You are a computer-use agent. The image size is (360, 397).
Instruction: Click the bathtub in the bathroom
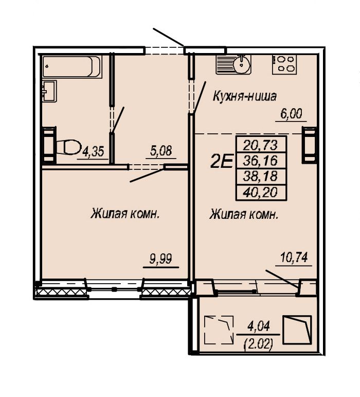(x=72, y=66)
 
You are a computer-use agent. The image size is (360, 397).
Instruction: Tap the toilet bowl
(x=68, y=147)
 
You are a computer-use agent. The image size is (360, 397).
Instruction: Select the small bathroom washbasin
(x=49, y=91)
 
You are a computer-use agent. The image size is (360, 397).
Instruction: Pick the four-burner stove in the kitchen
(x=284, y=64)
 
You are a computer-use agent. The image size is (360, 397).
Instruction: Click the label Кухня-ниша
(x=245, y=96)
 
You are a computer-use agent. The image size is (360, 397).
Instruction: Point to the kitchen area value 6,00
(x=291, y=114)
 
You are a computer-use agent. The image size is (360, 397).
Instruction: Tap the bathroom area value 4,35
(x=93, y=152)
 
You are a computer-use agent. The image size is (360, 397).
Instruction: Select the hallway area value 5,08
(x=161, y=151)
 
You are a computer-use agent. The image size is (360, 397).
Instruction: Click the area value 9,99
(x=161, y=259)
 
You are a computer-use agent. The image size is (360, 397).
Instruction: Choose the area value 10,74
(x=294, y=258)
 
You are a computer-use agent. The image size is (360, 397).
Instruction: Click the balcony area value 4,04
(x=259, y=326)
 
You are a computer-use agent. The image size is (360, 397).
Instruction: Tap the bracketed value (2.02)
(x=258, y=344)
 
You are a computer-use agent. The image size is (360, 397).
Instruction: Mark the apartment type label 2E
(x=221, y=162)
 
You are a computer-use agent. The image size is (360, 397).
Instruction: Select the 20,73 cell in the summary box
(x=261, y=145)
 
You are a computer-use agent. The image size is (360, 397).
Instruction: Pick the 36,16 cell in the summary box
(x=261, y=161)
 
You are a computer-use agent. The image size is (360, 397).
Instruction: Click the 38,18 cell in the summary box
(x=261, y=176)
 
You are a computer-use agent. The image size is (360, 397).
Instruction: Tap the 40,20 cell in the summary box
(x=261, y=193)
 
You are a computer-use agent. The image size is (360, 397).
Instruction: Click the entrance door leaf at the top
(x=168, y=37)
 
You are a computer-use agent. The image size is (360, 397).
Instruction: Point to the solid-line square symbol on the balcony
(x=297, y=330)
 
